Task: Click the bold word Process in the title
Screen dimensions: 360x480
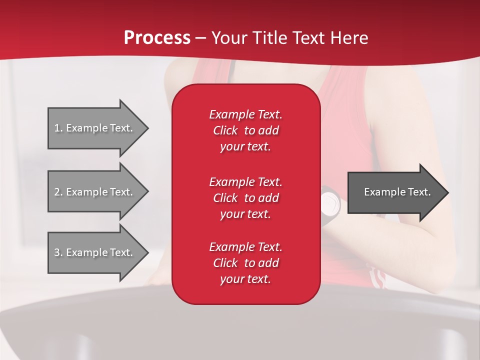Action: [x=157, y=38]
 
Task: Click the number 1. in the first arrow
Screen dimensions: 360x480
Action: [x=58, y=128]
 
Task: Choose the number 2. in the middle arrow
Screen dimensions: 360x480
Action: [x=58, y=192]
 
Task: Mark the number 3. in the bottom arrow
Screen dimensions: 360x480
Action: [x=58, y=252]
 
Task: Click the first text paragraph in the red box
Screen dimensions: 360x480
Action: [x=245, y=130]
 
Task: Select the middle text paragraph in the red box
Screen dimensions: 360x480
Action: [x=245, y=198]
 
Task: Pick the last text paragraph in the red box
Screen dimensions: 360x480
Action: [x=245, y=263]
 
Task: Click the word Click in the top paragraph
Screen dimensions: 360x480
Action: [x=225, y=130]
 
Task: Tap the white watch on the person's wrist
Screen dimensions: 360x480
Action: [x=329, y=202]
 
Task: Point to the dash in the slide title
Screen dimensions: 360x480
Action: [x=200, y=38]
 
